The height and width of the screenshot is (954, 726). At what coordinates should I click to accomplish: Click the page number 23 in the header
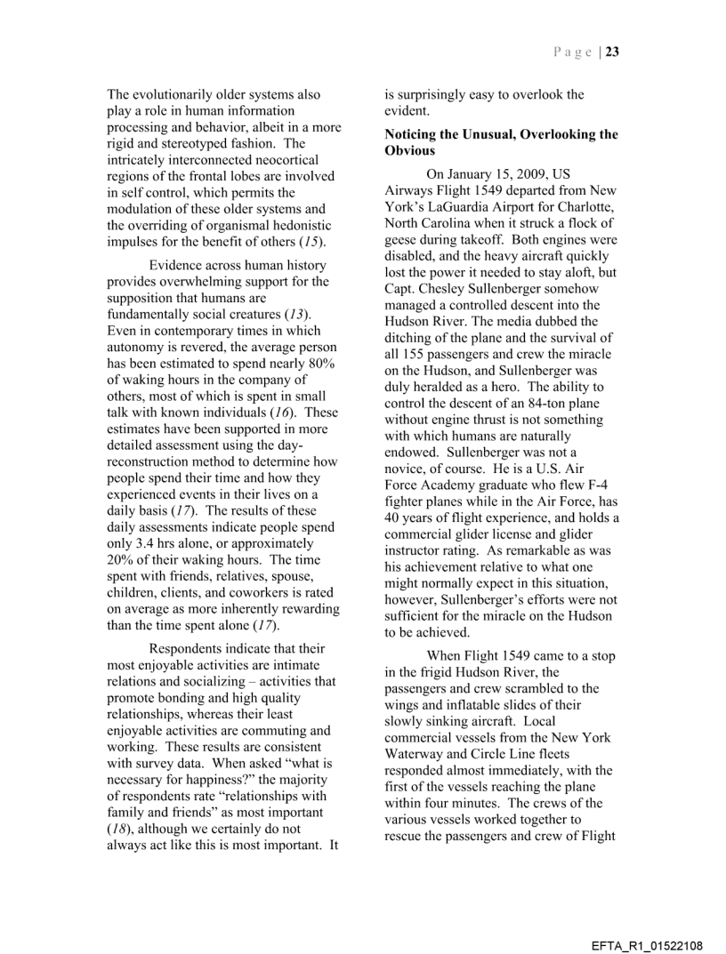pos(613,52)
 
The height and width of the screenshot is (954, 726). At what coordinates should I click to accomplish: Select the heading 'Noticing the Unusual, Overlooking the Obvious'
pos(501,142)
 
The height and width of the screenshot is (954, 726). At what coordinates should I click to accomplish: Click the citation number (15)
pos(311,242)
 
